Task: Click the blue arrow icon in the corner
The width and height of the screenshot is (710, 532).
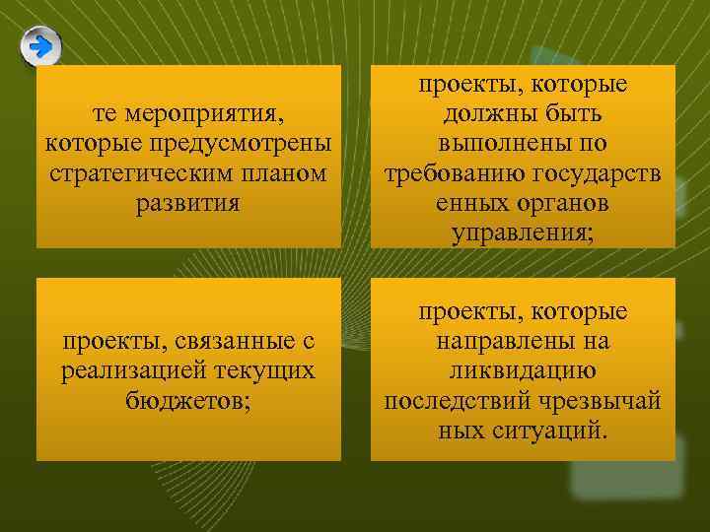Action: tap(40, 46)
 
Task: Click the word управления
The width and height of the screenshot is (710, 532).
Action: tap(524, 233)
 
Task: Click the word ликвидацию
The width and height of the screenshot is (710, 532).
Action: tap(523, 371)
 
